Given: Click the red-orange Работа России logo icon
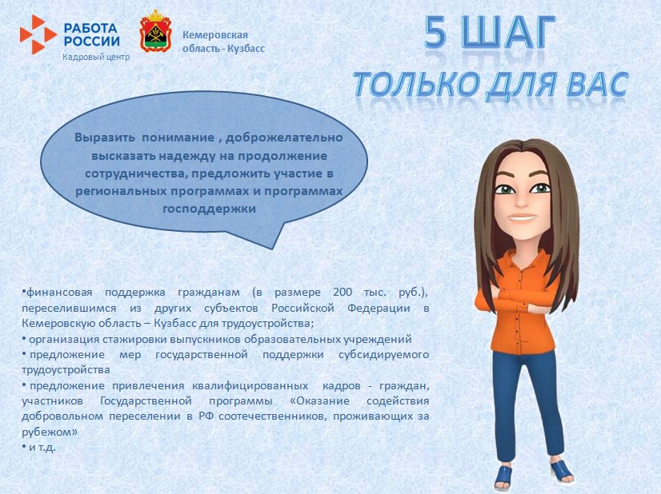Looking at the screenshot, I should point(38,35).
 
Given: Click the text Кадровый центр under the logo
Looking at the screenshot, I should point(96,57).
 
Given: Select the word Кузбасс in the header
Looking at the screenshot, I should point(247,48).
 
